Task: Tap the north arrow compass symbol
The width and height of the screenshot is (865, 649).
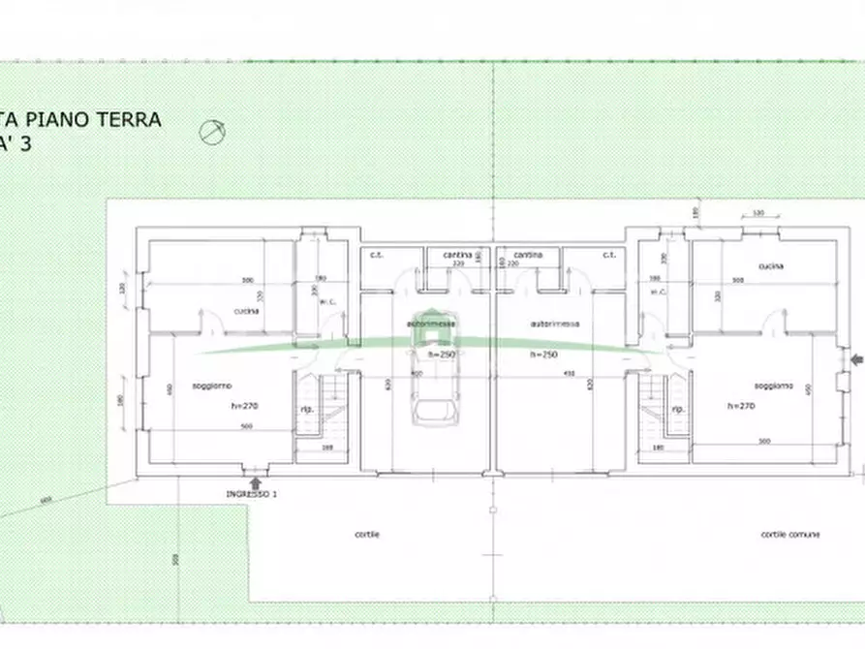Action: tap(213, 132)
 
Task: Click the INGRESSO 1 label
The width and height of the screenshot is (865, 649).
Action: tap(252, 494)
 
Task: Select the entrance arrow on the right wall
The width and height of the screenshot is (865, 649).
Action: tap(854, 360)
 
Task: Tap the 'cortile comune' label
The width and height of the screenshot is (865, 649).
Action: tap(790, 535)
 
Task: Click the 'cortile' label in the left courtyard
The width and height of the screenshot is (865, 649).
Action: tap(367, 535)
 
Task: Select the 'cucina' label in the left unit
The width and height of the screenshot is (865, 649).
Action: tap(244, 311)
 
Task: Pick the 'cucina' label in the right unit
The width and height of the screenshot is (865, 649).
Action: tap(771, 265)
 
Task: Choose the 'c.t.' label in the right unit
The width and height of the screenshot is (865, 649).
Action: tap(609, 255)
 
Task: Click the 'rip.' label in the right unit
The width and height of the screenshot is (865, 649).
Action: tap(678, 409)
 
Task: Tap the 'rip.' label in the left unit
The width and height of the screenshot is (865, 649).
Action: tap(308, 409)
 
